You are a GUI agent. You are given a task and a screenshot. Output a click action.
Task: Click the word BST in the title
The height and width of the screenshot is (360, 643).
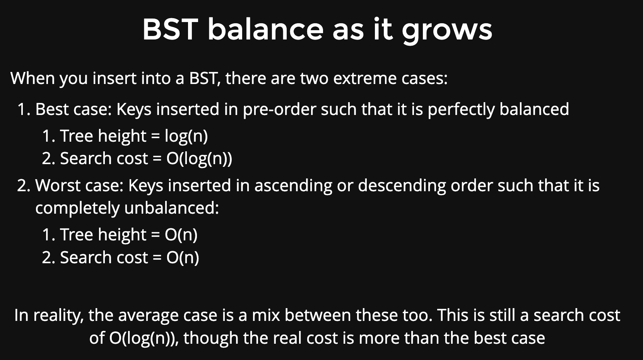click(x=170, y=29)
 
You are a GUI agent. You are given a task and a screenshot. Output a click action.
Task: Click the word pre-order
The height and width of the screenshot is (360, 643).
click(x=279, y=110)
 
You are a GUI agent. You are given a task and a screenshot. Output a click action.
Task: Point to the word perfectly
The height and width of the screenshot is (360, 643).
click(x=461, y=110)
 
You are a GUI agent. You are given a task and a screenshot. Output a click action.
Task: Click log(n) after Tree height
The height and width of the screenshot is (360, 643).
click(x=186, y=136)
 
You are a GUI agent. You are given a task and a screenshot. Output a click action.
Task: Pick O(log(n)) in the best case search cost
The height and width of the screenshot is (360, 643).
click(x=199, y=159)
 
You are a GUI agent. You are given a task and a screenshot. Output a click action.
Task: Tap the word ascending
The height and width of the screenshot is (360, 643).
click(x=293, y=185)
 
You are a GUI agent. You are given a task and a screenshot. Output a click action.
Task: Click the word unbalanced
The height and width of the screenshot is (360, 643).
click(x=171, y=208)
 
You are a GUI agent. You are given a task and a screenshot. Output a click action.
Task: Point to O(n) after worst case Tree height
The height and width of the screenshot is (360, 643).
click(x=181, y=235)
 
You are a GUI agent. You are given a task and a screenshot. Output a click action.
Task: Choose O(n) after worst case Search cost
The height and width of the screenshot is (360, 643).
click(x=183, y=257)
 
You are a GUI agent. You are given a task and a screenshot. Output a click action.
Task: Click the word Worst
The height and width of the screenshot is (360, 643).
click(x=57, y=185)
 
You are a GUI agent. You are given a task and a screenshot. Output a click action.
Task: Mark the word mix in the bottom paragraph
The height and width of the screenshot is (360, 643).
click(x=266, y=315)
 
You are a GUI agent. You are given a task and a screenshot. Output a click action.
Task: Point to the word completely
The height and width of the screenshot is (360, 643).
click(x=77, y=208)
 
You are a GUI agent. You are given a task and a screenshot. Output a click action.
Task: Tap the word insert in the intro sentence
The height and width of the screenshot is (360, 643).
click(x=115, y=78)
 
